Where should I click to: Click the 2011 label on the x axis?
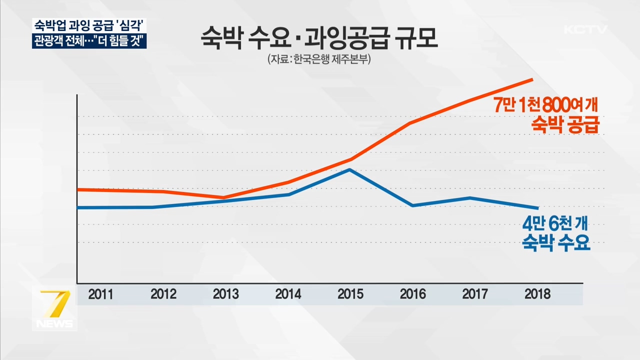point(100,294)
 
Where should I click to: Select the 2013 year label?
point(225,294)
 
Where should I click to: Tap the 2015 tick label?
point(350,294)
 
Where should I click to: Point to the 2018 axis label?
point(537,294)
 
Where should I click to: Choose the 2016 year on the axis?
point(413,294)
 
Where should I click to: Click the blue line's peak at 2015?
point(350,170)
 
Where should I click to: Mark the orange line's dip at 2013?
point(223,197)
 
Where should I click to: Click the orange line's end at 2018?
point(532,79)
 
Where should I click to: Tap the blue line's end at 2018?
point(538,208)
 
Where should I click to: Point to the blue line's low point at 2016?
point(412,205)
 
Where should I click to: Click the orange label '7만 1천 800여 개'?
point(545,106)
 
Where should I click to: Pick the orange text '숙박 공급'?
point(565,125)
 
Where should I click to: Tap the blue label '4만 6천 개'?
point(555,223)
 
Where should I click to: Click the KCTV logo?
point(585,29)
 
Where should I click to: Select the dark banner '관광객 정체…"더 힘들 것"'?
point(89,40)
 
